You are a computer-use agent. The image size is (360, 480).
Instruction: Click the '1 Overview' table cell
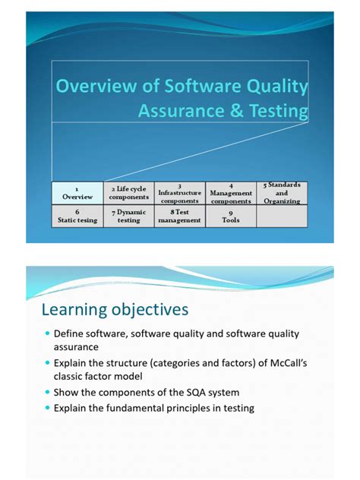click(x=77, y=193)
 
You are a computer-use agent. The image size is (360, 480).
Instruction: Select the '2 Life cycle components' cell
click(x=128, y=193)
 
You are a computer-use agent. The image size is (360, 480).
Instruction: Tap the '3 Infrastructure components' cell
click(x=180, y=193)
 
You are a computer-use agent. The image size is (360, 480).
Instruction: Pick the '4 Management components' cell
click(x=231, y=193)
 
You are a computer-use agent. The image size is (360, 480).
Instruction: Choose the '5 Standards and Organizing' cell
click(x=282, y=193)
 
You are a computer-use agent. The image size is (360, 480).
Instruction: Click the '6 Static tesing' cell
click(x=77, y=216)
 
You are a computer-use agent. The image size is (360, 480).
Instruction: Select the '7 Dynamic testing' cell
click(x=128, y=216)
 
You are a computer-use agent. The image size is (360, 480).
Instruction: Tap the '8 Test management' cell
click(x=180, y=216)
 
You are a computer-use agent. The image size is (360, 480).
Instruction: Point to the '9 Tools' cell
click(x=231, y=216)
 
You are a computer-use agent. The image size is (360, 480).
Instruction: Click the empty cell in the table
click(x=282, y=216)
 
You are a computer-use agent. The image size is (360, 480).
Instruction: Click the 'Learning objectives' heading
click(x=115, y=310)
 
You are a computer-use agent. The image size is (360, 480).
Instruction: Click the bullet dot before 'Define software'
click(x=47, y=334)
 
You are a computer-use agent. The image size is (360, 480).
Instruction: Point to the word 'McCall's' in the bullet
click(x=280, y=363)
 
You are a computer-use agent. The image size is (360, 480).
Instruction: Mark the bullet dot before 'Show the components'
click(x=47, y=393)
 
